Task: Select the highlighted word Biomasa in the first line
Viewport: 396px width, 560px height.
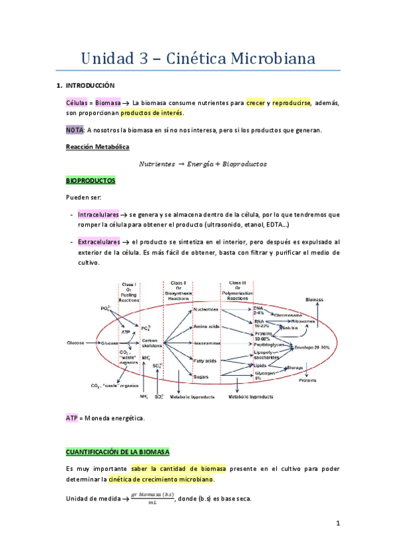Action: (108, 103)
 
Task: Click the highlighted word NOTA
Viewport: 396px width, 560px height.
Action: (75, 130)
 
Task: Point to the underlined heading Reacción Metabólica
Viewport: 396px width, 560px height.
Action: (98, 146)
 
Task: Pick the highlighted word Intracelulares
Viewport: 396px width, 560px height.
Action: (97, 215)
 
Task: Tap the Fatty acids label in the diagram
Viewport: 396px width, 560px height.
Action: (204, 360)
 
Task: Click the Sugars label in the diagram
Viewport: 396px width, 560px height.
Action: (202, 376)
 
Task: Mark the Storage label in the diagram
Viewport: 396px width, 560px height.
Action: (294, 367)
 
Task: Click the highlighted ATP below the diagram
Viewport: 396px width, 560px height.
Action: (72, 418)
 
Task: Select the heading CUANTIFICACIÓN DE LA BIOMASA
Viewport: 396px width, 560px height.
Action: (118, 452)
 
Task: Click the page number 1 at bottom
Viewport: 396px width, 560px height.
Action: (337, 524)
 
